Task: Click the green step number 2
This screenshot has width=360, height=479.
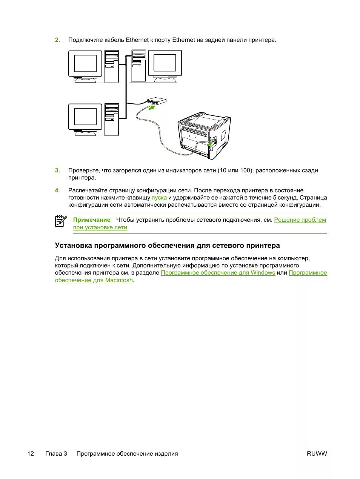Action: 57,40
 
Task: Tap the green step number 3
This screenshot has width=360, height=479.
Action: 57,170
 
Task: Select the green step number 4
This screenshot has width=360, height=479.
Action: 57,190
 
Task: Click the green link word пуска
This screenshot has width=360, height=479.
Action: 159,198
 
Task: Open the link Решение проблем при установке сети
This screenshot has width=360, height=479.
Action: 300,220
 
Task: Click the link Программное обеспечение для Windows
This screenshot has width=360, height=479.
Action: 218,273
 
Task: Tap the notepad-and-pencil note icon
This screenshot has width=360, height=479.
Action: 61,221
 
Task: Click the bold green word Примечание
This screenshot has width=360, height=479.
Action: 92,220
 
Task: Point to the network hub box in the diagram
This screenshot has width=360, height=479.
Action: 157,101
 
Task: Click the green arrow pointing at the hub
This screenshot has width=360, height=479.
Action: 151,108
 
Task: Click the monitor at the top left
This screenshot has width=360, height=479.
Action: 85,64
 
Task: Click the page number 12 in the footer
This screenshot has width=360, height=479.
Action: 31,454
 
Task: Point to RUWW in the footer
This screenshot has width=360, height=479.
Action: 317,454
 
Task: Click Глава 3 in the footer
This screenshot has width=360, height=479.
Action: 56,454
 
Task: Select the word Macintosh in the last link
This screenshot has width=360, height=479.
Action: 119,280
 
